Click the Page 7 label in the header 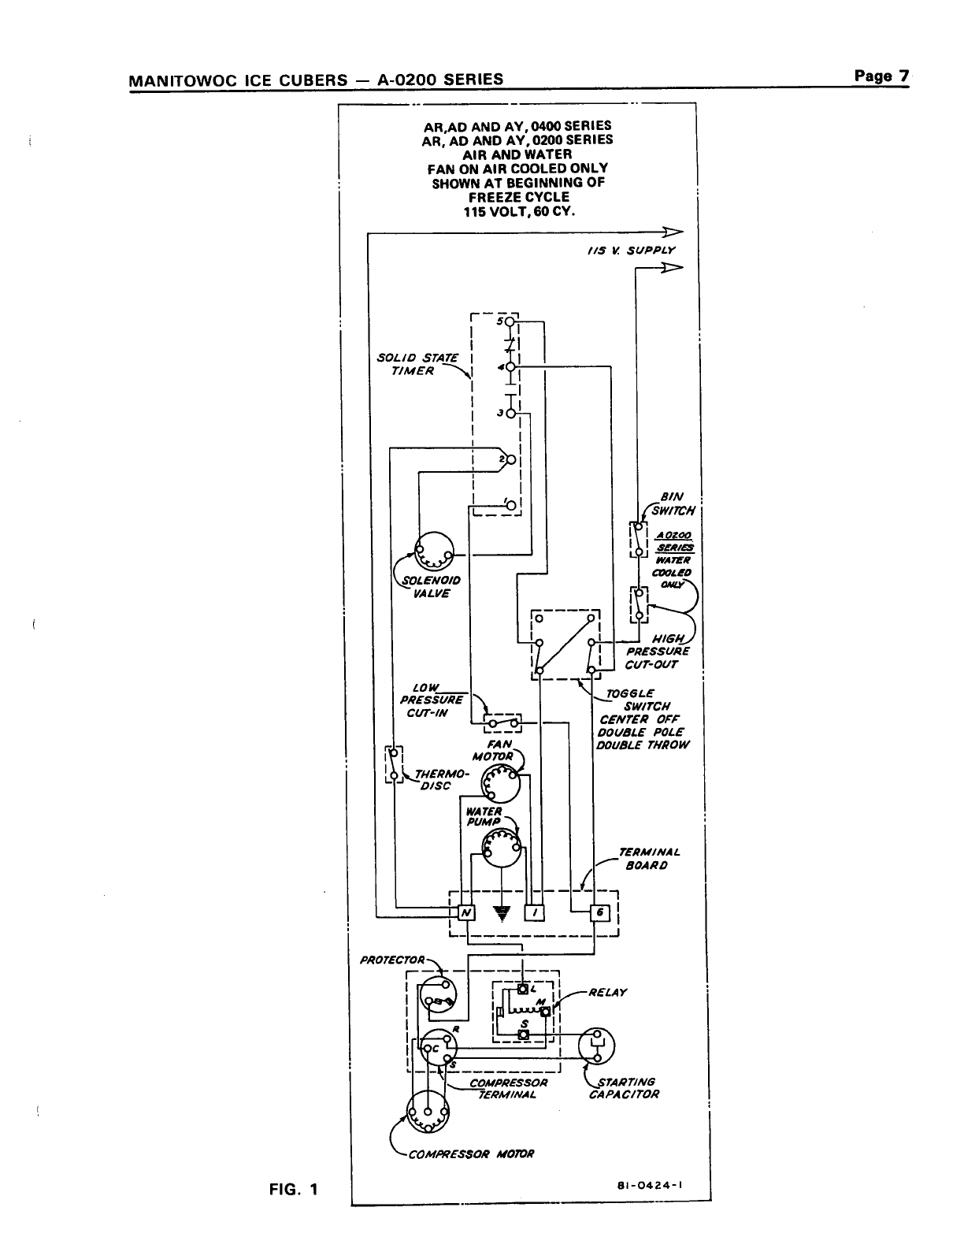click(x=881, y=76)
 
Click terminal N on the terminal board click(x=466, y=912)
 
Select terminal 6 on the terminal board click(x=599, y=912)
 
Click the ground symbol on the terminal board click(x=501, y=913)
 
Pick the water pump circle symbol click(x=502, y=849)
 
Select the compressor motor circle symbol click(x=428, y=1114)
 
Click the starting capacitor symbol click(x=596, y=1046)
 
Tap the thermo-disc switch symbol click(x=394, y=765)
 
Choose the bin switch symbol click(x=638, y=538)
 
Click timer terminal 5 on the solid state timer click(x=510, y=321)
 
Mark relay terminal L click(x=523, y=989)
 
